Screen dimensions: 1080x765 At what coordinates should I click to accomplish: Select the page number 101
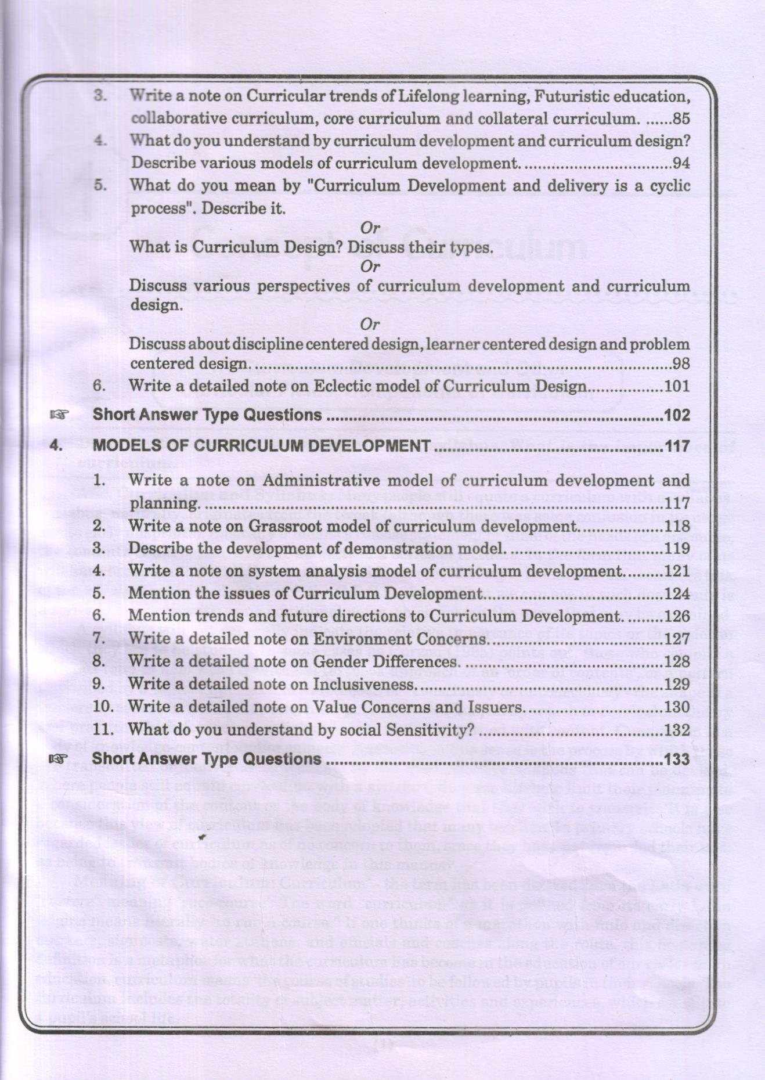677,386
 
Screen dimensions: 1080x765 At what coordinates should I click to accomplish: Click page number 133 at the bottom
677,759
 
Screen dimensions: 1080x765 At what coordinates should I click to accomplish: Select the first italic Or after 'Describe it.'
370,228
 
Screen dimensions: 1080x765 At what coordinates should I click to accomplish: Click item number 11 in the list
102,729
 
